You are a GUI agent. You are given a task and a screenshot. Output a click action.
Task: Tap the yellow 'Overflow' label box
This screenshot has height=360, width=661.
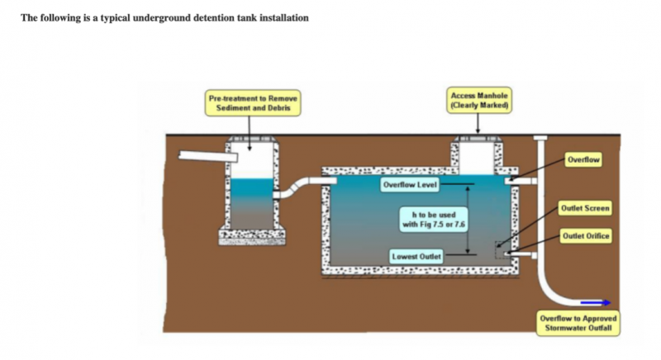coord(583,159)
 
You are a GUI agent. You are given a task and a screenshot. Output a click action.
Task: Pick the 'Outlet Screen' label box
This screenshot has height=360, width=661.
coord(585,208)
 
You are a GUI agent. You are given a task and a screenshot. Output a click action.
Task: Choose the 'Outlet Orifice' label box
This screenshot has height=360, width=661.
coord(586,236)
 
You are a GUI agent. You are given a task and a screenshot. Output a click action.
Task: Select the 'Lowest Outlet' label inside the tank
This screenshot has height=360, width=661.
coord(416,257)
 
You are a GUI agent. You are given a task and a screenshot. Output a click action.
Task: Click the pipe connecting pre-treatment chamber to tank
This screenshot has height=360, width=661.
coord(301,185)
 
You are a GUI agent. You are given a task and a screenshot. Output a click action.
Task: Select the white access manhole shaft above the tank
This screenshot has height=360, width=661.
coord(475,154)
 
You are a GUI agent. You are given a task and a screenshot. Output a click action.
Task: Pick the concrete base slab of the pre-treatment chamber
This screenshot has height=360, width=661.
coord(251,236)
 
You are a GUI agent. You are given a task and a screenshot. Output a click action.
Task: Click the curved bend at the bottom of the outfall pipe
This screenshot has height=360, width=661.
coord(551,292)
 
